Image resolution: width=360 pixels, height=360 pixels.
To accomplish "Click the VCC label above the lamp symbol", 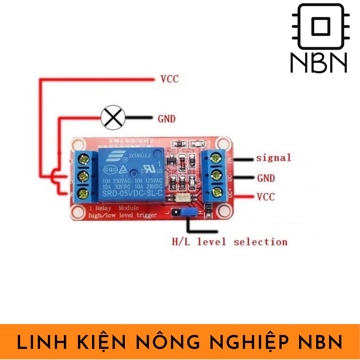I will point(169,79).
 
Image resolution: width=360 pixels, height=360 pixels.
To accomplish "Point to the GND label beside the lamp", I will point(166,119).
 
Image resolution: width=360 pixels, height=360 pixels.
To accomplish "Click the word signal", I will point(274,158).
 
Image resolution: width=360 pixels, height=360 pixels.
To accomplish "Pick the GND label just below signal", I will point(266,178).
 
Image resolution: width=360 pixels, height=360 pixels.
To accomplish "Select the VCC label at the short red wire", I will point(265,197).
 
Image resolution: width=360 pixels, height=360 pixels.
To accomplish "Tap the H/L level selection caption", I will point(229,242).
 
